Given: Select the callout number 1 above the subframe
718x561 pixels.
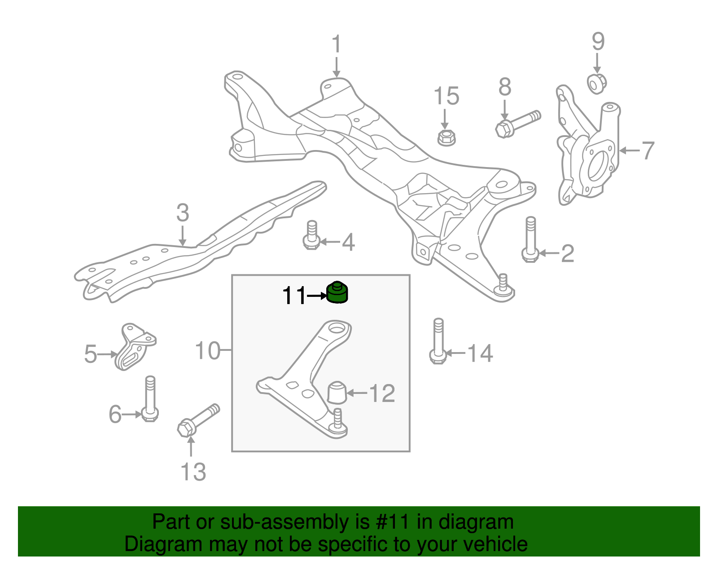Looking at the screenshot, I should click(336, 45).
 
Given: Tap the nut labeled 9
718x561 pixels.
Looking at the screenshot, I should click(597, 84).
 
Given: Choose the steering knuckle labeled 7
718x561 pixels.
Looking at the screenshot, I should click(588, 153).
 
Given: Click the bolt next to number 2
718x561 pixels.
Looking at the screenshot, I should click(530, 240).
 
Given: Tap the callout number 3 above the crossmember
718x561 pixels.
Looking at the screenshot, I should click(182, 213).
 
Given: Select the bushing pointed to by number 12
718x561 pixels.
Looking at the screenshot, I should click(337, 392).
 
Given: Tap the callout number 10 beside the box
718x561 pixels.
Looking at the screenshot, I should click(208, 350).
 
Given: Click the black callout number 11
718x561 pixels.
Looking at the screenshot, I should click(294, 296).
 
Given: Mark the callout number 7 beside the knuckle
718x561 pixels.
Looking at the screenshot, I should click(648, 150).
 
